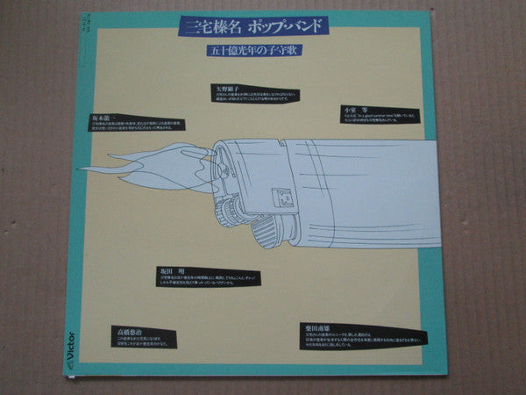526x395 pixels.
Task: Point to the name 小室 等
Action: (x=353, y=108)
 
